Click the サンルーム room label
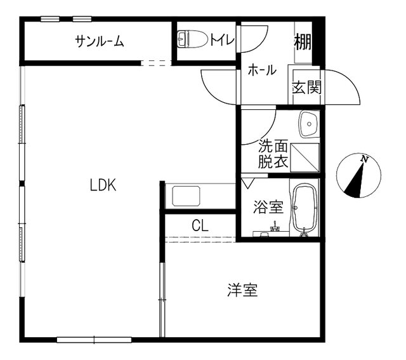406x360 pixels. tap(100, 41)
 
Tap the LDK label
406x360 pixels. tap(103, 185)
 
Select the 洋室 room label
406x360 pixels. tap(242, 290)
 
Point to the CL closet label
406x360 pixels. tap(200, 225)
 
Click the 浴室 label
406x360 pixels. tap(268, 207)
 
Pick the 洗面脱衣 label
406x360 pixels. tap(273, 154)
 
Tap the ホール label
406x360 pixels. tap(262, 70)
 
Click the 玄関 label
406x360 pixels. tap(307, 88)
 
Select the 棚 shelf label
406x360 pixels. tap(303, 41)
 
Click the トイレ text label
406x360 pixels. tap(222, 39)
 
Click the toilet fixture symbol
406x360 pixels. tap(193, 39)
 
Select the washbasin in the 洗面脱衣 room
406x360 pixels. tap(309, 124)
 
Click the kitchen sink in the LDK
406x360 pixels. tap(186, 196)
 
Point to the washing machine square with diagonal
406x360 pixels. tap(305, 157)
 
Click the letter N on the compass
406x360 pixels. tap(365, 159)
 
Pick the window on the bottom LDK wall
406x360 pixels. tap(95, 340)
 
